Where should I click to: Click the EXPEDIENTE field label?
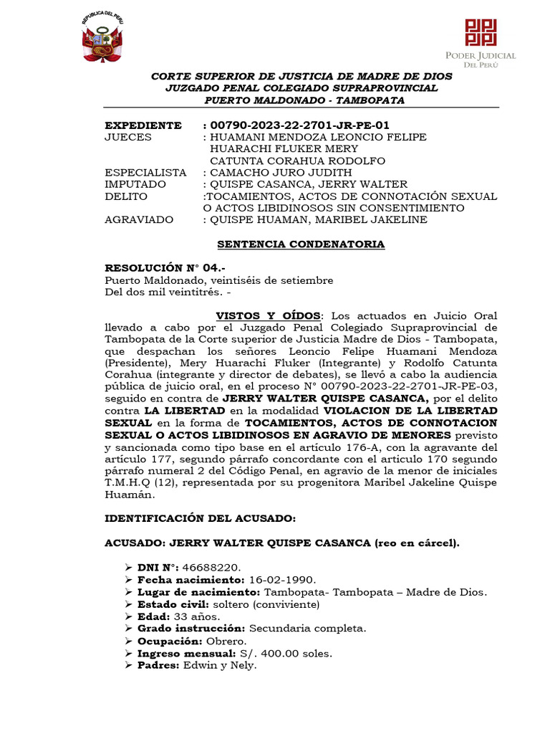[x=143, y=125]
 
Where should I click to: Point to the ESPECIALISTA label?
[x=145, y=173]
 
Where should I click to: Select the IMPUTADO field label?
[x=135, y=184]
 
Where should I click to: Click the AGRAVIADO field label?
[x=141, y=219]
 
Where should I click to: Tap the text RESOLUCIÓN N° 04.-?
[x=155, y=268]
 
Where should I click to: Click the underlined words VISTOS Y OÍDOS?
[x=269, y=316]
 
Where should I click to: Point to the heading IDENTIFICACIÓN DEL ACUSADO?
[x=200, y=518]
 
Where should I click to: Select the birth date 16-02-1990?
[x=281, y=579]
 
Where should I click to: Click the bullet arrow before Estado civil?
[x=129, y=604]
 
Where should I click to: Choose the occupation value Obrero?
[x=226, y=641]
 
